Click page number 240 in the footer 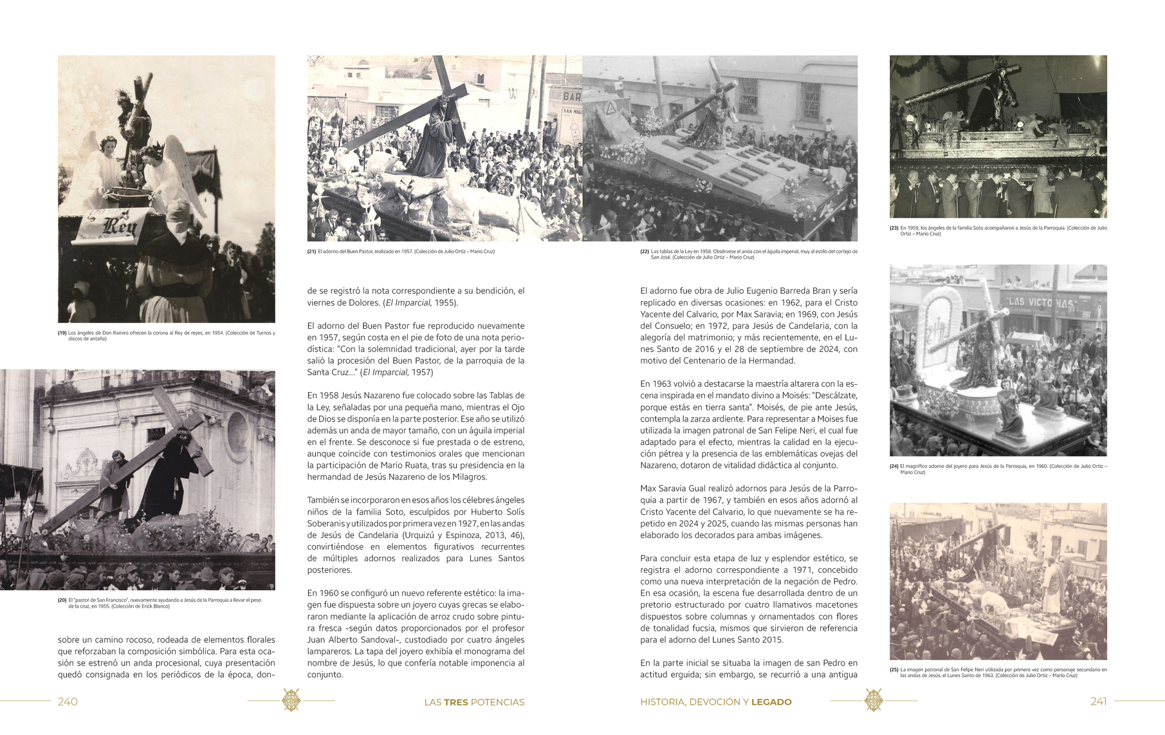click(68, 702)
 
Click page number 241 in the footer click(1099, 702)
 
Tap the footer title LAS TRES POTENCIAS click(474, 702)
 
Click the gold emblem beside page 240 click(291, 700)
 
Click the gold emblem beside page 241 click(874, 700)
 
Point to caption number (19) click(62, 333)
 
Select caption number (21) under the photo click(312, 252)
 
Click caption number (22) click(645, 252)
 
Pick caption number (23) click(894, 228)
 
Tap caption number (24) click(894, 467)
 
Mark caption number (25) click(894, 670)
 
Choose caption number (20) click(62, 600)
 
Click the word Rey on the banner click(120, 227)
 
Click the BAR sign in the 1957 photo click(572, 97)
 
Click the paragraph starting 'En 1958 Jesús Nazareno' click(416, 436)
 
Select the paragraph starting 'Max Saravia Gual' click(749, 512)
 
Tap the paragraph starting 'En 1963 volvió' click(749, 424)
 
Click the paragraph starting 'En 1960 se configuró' click(416, 633)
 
